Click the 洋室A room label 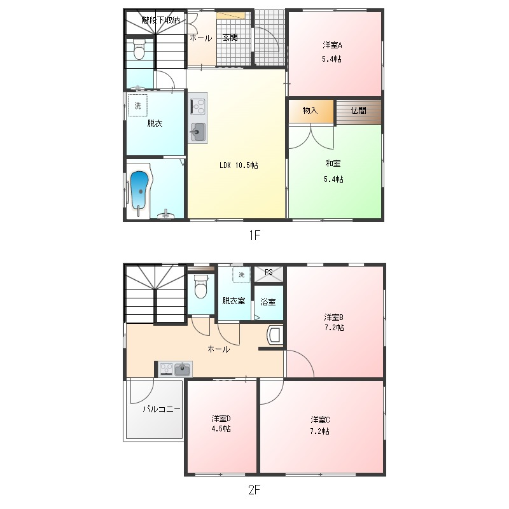(x=332, y=45)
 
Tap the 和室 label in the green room (x=333, y=164)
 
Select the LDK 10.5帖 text (x=239, y=165)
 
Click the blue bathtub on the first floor (x=139, y=192)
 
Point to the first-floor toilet (x=139, y=49)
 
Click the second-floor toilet (x=200, y=286)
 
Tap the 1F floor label (x=254, y=235)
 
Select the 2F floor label (x=254, y=489)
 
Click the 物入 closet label (x=310, y=111)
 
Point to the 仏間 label (x=358, y=111)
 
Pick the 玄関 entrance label (x=230, y=38)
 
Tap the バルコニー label (x=162, y=409)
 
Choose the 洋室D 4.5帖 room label (x=221, y=424)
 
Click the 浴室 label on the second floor (x=268, y=302)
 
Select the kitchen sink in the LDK (x=197, y=132)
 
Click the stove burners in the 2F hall (x=167, y=369)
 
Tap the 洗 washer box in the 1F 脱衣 (x=138, y=105)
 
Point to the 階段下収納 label (x=160, y=20)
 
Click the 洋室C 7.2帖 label (x=320, y=425)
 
